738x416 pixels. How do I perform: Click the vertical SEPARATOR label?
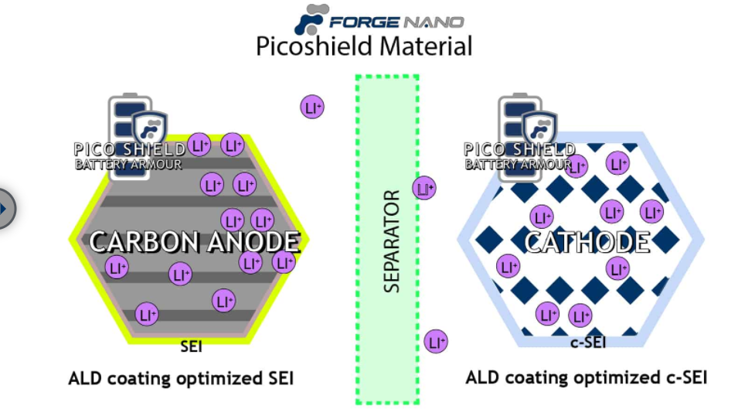392,240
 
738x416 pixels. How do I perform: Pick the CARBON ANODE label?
194,242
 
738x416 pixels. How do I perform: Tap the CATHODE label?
587,242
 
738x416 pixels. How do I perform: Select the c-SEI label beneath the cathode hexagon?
587,342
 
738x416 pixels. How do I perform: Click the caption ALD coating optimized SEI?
181,379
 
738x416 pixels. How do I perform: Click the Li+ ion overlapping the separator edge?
423,187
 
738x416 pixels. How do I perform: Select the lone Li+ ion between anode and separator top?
312,107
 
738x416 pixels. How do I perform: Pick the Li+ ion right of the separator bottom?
436,341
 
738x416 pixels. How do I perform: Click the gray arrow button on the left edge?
5,208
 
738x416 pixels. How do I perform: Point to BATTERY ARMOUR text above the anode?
128,164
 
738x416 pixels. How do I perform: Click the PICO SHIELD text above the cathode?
519,149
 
